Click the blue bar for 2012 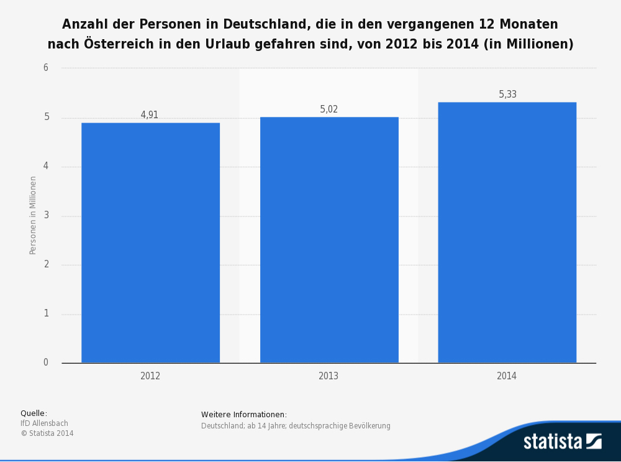[x=150, y=243]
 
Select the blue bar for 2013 [x=329, y=239]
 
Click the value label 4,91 [x=150, y=115]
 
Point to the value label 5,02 [x=329, y=109]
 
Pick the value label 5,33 [x=507, y=95]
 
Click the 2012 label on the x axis [x=150, y=376]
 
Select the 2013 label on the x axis [x=329, y=376]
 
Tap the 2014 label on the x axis [x=507, y=376]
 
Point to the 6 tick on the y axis [x=46, y=68]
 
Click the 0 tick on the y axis [x=46, y=363]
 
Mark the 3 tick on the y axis [x=46, y=216]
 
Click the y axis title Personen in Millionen [x=34, y=215]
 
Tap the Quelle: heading [x=34, y=413]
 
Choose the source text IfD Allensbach [x=45, y=423]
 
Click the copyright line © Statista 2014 [x=47, y=433]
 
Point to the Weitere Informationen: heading [x=244, y=415]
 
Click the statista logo [x=562, y=441]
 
